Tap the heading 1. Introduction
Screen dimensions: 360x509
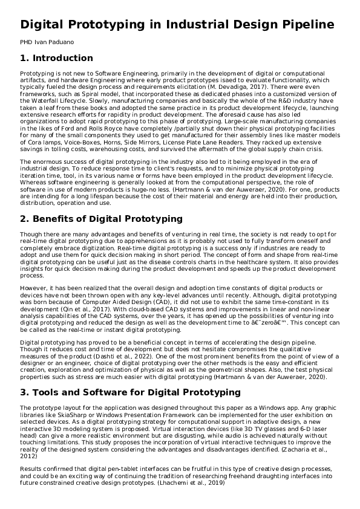pos(56,59)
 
